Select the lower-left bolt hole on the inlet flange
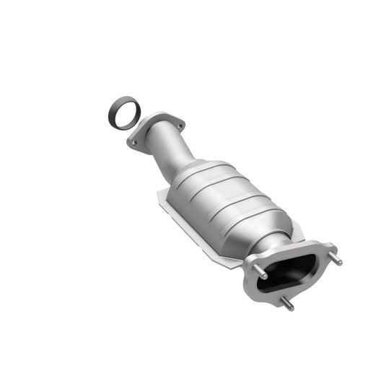click(135, 143)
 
